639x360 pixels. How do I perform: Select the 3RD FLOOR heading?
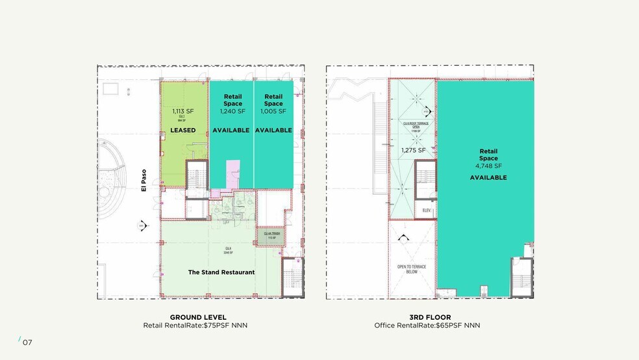(427, 316)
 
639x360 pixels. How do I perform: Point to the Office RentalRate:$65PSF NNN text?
(427, 325)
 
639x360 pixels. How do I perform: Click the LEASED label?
(183, 130)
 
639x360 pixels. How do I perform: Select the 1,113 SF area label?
(183, 111)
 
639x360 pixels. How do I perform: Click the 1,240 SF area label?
(232, 111)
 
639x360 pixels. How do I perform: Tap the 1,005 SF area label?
(273, 111)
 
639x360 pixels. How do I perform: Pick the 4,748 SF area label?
(488, 166)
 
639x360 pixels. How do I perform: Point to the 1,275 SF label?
(413, 150)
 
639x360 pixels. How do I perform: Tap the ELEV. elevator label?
(426, 211)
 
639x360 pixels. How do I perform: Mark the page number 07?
(27, 342)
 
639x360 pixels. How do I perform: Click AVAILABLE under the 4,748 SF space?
(488, 177)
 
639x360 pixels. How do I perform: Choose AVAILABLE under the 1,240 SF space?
(231, 130)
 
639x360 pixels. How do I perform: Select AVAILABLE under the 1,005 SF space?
(273, 130)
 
